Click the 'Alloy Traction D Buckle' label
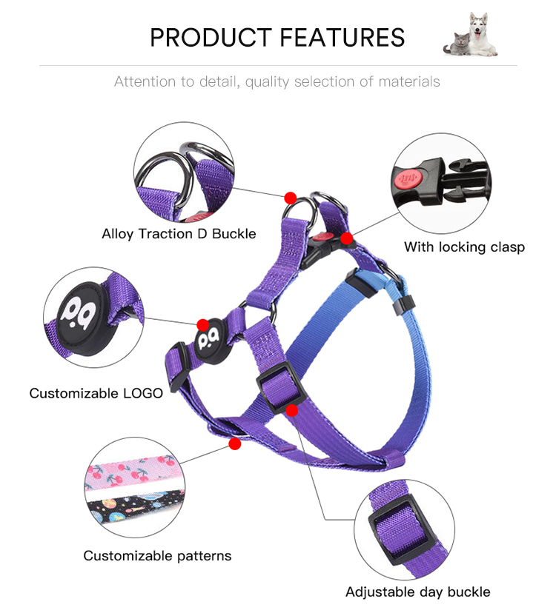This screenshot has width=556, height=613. pos(179,234)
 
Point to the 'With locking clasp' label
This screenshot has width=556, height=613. pos(464,247)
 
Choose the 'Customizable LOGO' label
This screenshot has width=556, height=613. pos(96,393)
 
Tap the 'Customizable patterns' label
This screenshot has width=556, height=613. pos(157,556)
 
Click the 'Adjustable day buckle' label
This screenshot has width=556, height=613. pos(417,592)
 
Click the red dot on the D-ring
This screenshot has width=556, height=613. pos(290,198)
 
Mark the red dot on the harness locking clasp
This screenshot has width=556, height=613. pos(346,238)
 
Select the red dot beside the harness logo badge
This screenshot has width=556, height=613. pos(202,325)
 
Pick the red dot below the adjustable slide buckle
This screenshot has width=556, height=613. pos(291,410)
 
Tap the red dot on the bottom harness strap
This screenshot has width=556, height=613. pos(235,444)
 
